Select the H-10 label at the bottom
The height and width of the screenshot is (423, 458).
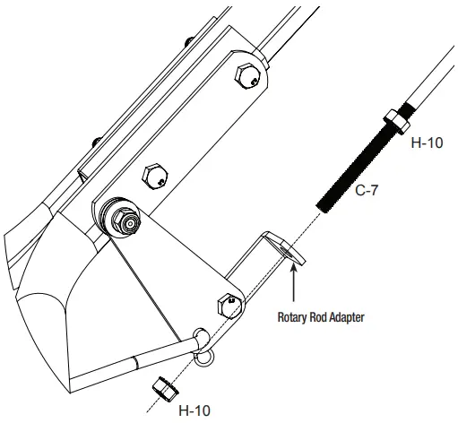coord(195,410)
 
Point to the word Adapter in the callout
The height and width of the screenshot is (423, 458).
coord(341,315)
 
